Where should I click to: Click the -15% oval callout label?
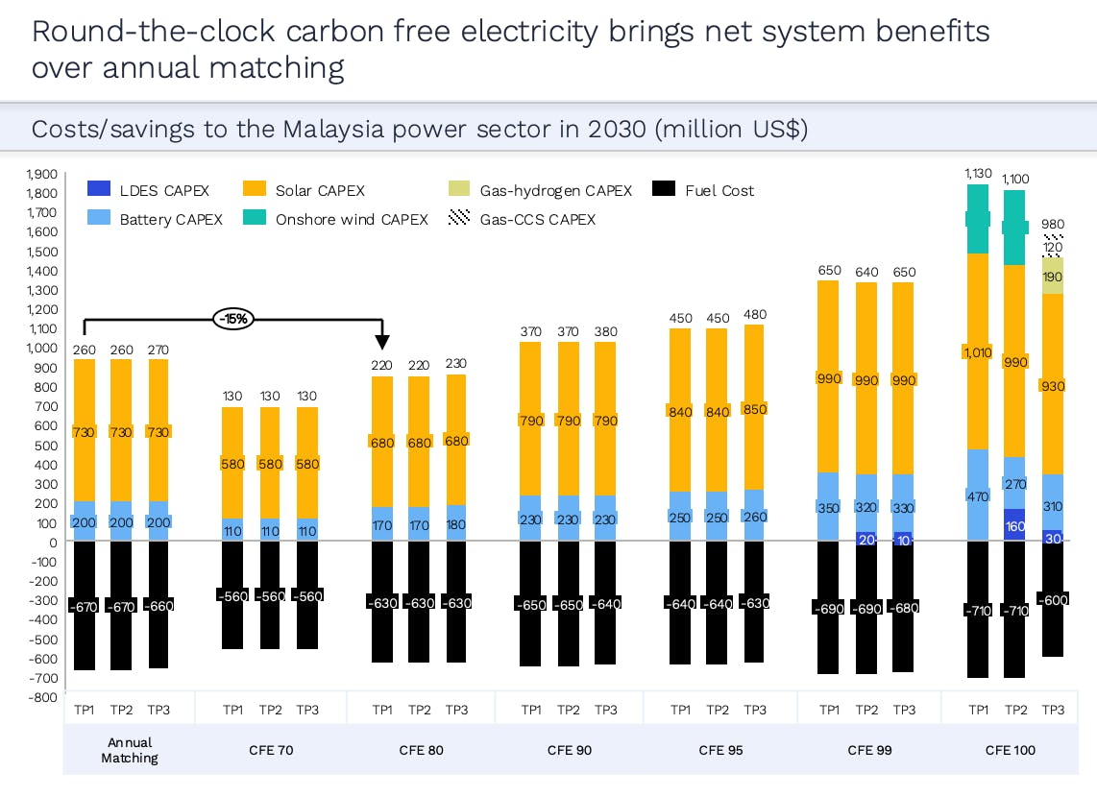(233, 319)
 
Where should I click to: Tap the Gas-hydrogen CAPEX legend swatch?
(460, 190)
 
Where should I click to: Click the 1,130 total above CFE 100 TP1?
(979, 173)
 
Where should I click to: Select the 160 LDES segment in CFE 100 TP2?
(1015, 526)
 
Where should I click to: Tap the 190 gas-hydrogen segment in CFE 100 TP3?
(1053, 277)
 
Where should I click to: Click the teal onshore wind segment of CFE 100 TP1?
(978, 219)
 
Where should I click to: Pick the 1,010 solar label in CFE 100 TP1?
(978, 351)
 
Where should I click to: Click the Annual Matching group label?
(130, 750)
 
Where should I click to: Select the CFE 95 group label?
(718, 750)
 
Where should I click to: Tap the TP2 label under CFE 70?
(270, 710)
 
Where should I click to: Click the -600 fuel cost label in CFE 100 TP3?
(1053, 599)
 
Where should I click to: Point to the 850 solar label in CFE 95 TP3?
(755, 409)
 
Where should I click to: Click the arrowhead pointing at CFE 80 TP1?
(382, 342)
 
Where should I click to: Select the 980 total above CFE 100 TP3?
(1053, 225)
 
